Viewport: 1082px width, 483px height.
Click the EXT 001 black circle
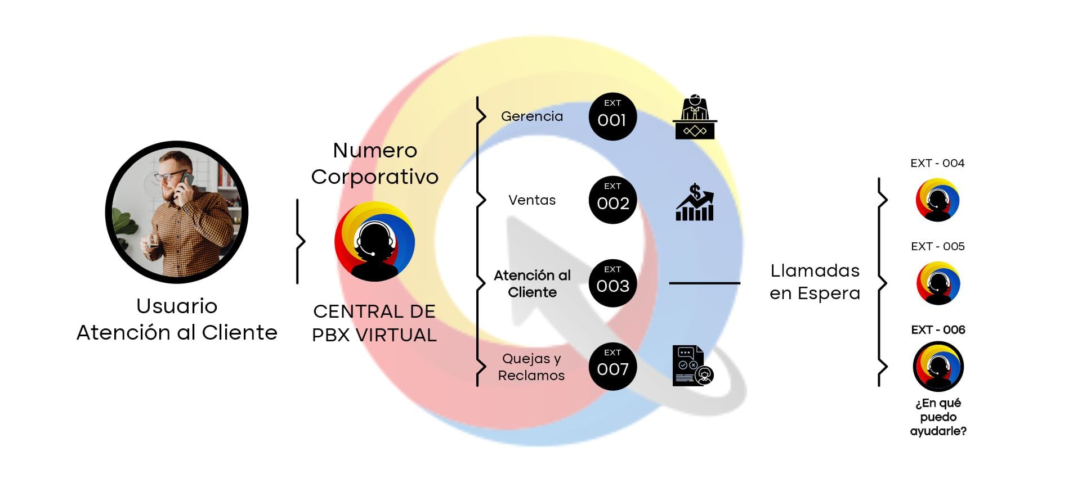coord(612,117)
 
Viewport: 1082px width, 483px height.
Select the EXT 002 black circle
coord(612,200)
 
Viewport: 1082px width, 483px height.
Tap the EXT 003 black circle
coord(612,283)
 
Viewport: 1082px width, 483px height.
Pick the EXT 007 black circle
coord(612,367)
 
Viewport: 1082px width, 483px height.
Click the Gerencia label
coord(531,116)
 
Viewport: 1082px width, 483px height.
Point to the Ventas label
coord(531,200)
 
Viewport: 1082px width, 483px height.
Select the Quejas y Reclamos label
coord(531,367)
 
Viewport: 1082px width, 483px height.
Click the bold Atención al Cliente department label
coord(532,284)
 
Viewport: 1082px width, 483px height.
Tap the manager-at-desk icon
coord(695,117)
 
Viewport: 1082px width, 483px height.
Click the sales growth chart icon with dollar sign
coord(695,202)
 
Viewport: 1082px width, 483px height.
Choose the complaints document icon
coord(692,365)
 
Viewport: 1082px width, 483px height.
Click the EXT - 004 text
coord(937,164)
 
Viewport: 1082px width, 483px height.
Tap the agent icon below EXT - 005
coord(938,283)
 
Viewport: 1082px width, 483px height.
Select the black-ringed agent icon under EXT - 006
coord(938,367)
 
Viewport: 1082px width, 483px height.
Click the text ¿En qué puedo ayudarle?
coord(938,417)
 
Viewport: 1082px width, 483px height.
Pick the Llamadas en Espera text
coord(815,282)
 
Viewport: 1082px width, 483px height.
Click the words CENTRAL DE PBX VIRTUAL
coord(374,323)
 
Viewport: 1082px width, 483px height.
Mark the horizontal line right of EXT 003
coord(704,283)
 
